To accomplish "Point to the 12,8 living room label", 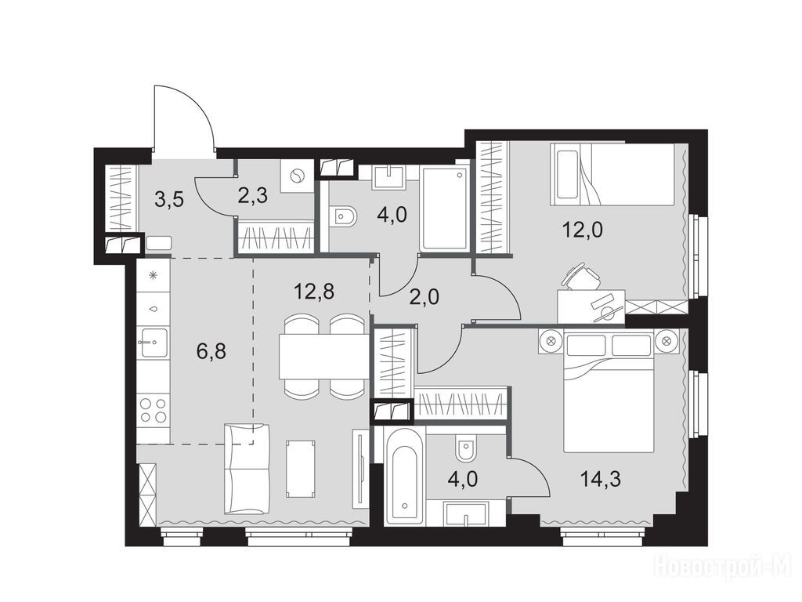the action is [314, 292].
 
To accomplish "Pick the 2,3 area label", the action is [253, 195].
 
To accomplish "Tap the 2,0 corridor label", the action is [424, 297].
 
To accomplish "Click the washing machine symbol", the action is [296, 177].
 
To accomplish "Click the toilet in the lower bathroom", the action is [465, 448].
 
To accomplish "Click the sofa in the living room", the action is [247, 469].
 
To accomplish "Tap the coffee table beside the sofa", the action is [301, 469].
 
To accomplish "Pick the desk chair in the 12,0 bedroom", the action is [582, 277].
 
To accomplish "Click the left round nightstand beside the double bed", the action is [551, 340].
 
